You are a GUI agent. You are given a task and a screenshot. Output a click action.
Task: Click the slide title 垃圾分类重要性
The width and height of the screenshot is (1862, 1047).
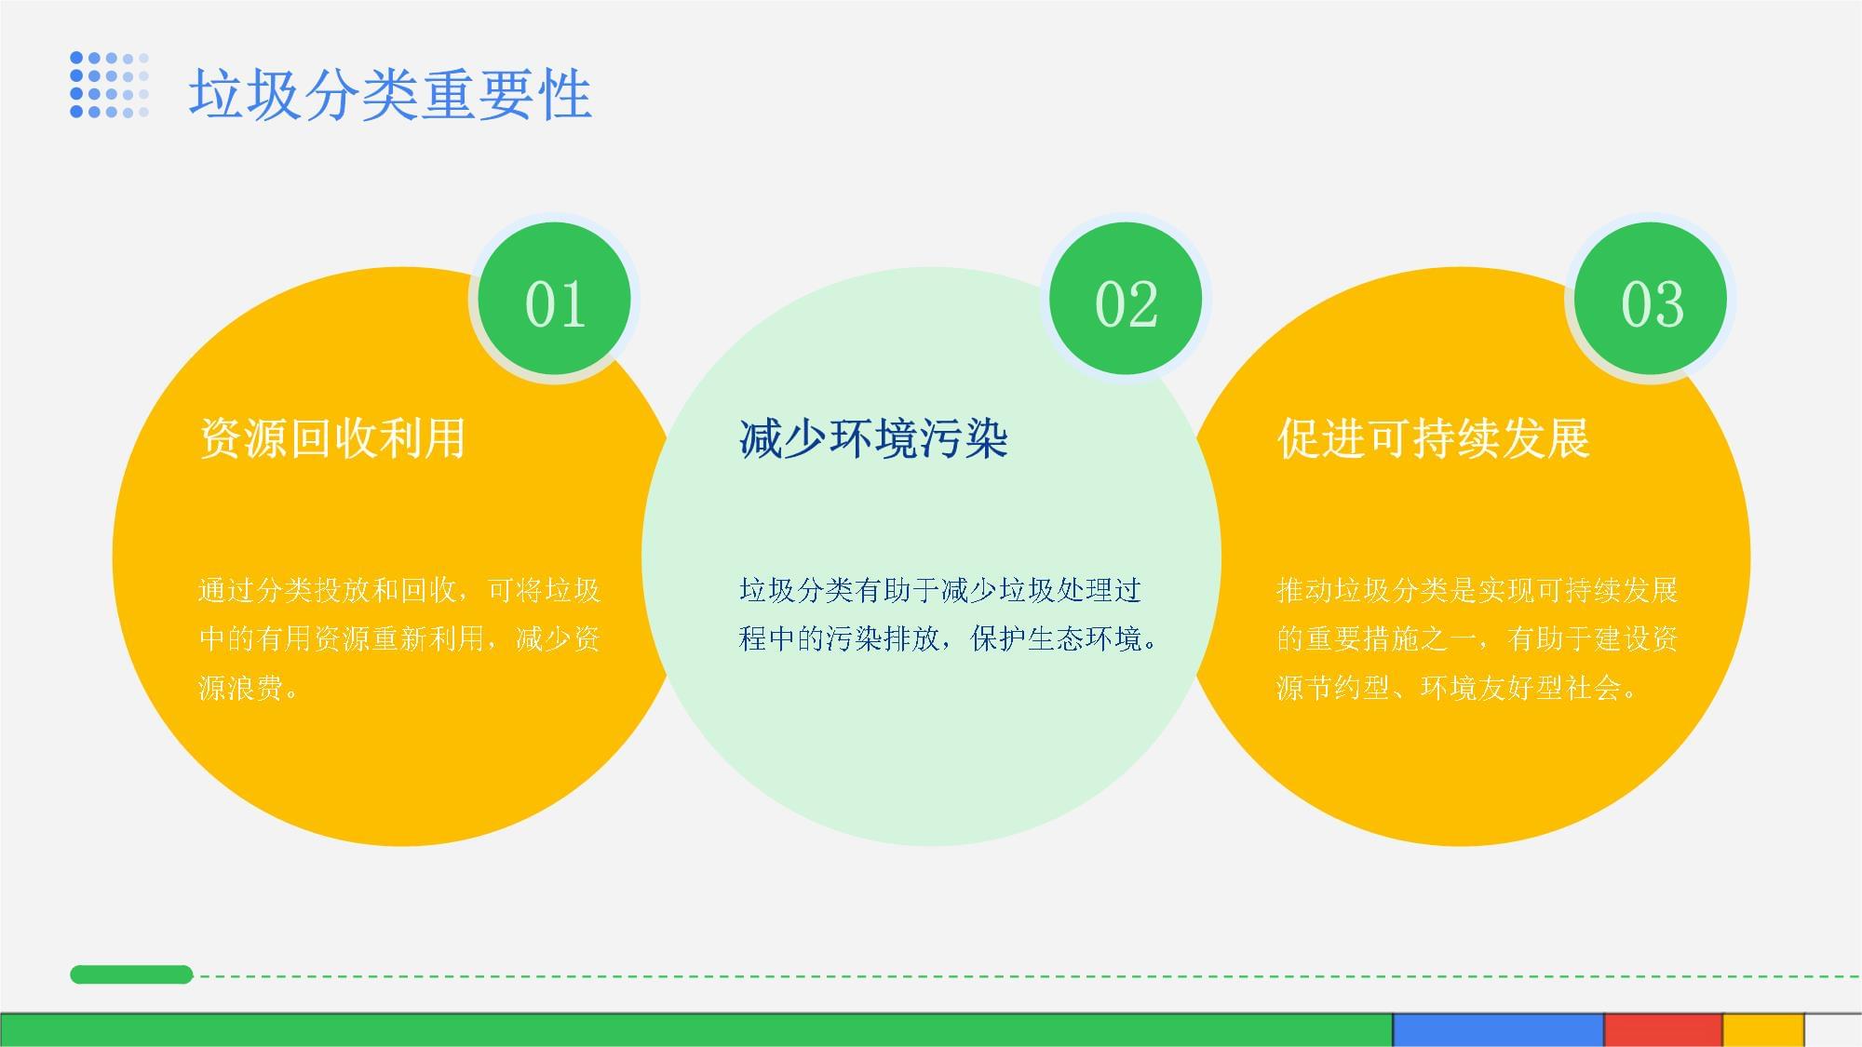click(x=390, y=94)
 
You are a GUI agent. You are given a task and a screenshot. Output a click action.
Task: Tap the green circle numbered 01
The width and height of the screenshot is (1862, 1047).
click(x=555, y=300)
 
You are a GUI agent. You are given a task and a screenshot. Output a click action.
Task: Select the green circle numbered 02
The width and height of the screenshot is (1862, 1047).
click(x=1126, y=300)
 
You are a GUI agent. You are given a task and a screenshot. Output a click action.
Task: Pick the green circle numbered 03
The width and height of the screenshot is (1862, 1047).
click(x=1652, y=300)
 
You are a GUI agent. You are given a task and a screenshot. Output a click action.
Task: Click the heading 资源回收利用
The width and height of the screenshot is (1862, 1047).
click(x=332, y=438)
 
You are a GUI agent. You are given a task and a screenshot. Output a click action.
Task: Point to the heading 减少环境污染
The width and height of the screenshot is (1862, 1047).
click(x=873, y=438)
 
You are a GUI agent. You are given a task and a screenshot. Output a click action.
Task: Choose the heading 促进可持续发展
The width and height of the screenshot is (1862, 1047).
click(x=1433, y=438)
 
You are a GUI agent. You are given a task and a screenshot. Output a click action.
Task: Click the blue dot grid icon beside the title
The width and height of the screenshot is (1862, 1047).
click(x=109, y=85)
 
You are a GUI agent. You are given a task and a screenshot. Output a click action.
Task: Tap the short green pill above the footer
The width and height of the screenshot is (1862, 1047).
click(x=131, y=974)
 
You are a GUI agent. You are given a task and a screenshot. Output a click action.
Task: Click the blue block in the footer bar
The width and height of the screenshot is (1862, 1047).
click(x=1498, y=1029)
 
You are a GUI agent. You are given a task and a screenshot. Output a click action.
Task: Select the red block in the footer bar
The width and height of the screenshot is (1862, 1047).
click(x=1663, y=1029)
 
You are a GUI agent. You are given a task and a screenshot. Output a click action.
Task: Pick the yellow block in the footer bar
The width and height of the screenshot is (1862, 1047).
click(x=1763, y=1029)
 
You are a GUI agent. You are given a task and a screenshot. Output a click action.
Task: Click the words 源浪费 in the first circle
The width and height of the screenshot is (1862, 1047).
click(x=240, y=688)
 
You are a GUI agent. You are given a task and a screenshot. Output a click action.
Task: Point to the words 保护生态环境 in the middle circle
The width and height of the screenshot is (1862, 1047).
click(x=1057, y=639)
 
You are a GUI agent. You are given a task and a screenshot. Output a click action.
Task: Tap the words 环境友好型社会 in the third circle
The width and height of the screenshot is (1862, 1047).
click(x=1520, y=688)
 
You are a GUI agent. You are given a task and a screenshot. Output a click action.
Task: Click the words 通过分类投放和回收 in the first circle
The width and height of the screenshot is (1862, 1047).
click(x=327, y=590)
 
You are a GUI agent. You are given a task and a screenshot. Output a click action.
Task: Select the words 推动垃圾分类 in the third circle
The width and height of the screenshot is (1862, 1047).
click(x=1363, y=590)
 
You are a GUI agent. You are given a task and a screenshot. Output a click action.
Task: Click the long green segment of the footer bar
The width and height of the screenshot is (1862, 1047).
click(x=696, y=1029)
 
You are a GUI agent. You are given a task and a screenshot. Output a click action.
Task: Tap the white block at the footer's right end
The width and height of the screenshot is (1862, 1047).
click(x=1834, y=1029)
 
